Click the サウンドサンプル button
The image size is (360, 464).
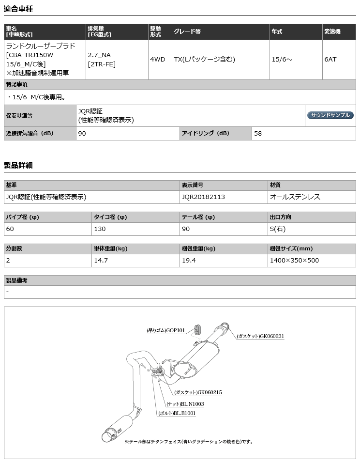(330, 115)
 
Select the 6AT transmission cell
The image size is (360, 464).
(330, 59)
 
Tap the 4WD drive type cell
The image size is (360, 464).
(157, 59)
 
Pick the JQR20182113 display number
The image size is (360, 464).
(203, 197)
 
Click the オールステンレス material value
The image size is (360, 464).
(295, 197)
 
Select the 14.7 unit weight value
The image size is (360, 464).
(101, 260)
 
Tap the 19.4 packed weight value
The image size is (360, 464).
(189, 260)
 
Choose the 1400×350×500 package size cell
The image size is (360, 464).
(294, 260)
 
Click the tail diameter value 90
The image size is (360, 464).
(186, 229)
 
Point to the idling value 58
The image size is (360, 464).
(258, 133)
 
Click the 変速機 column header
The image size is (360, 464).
(332, 31)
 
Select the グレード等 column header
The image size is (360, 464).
(187, 31)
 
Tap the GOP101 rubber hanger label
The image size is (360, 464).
(165, 331)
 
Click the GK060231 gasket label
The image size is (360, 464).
(260, 336)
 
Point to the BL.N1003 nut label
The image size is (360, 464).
(185, 403)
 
